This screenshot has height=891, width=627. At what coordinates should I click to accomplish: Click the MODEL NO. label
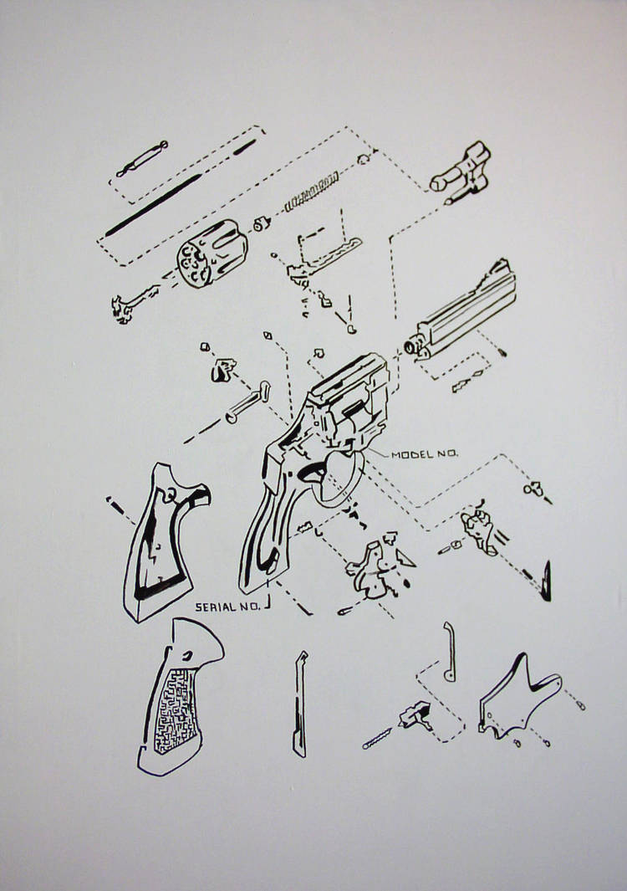click(425, 454)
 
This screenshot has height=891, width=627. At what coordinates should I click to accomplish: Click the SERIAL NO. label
click(227, 607)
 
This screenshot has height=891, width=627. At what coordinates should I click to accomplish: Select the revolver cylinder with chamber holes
click(212, 253)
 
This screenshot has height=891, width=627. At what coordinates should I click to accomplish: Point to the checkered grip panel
click(180, 696)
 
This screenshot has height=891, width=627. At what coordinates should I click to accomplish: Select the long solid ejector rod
click(153, 205)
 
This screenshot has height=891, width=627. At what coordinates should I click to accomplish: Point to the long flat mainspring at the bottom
click(300, 704)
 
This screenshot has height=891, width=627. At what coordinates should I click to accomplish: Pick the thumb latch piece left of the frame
click(223, 369)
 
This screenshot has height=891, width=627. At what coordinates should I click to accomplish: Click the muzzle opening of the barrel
click(410, 346)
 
